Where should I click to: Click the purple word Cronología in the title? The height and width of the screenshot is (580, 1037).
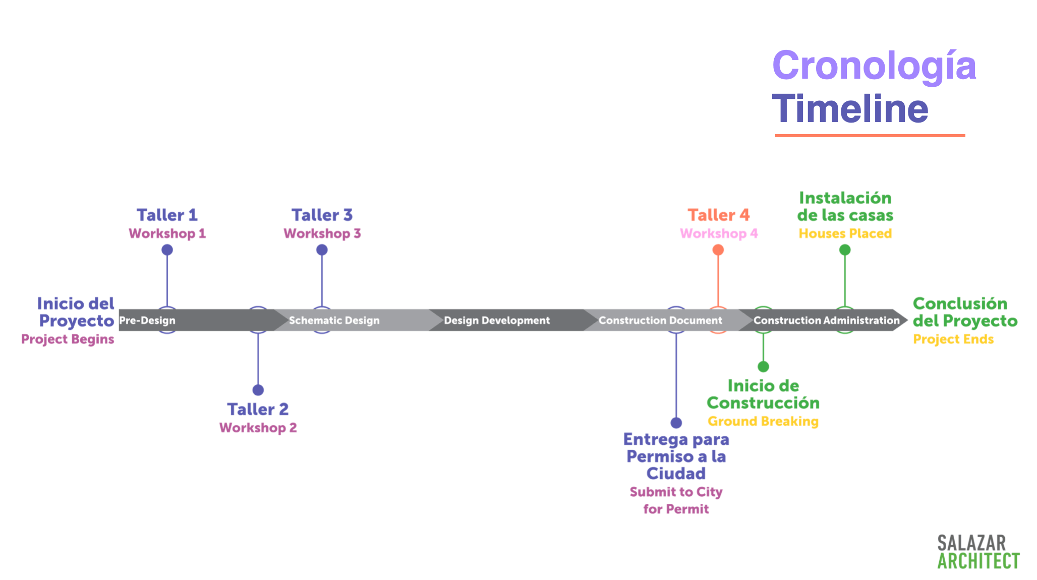click(874, 66)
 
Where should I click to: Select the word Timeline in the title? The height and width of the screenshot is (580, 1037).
click(850, 109)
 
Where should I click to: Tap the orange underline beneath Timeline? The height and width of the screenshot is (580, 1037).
click(870, 135)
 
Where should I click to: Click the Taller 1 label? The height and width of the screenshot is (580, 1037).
click(167, 215)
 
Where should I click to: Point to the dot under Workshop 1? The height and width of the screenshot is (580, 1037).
click(167, 250)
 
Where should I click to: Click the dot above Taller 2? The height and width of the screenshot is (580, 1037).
click(258, 390)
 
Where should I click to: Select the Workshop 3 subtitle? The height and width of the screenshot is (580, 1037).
click(322, 234)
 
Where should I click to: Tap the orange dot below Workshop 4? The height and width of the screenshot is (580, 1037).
click(718, 250)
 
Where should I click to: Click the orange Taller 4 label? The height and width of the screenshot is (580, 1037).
click(718, 215)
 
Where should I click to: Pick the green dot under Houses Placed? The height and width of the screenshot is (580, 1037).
click(845, 250)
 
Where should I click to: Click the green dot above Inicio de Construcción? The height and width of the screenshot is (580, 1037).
click(763, 367)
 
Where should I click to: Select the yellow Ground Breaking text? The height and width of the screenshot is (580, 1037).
click(763, 421)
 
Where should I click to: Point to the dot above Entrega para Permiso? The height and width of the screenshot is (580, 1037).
click(676, 423)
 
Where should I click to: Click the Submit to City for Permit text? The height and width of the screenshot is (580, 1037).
click(676, 500)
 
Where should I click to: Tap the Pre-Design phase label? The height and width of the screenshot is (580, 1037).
click(147, 320)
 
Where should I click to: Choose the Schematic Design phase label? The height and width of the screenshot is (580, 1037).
click(334, 320)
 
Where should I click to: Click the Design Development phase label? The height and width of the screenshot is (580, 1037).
click(497, 320)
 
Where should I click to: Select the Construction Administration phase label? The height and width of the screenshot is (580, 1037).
click(826, 320)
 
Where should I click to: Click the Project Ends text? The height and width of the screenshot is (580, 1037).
click(953, 339)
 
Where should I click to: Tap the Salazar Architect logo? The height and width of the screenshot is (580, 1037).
click(977, 552)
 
